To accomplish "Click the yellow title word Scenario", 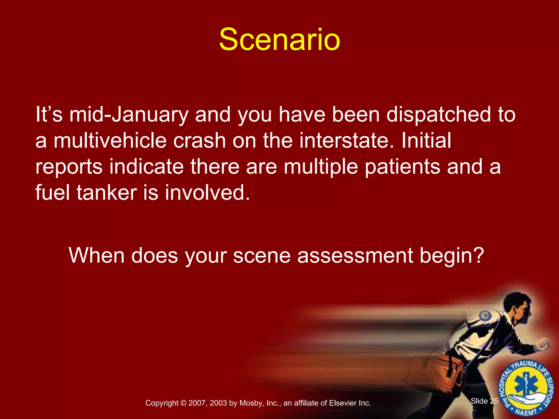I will click(279, 40).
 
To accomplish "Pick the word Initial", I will click(426, 141).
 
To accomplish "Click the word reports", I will click(69, 167).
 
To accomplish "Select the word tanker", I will click(106, 193).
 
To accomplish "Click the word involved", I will click(207, 193).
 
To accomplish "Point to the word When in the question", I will click(97, 256).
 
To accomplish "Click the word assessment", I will click(355, 256).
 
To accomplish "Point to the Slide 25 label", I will click(484, 401).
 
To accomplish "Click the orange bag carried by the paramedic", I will click(448, 368).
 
